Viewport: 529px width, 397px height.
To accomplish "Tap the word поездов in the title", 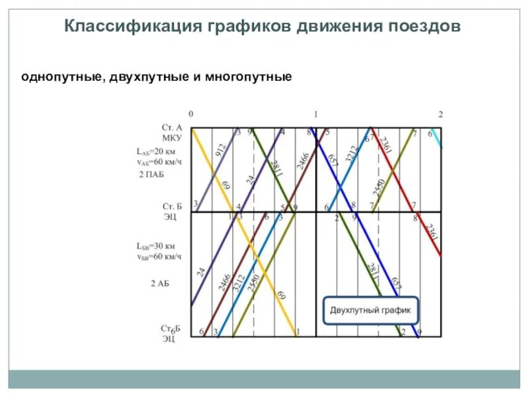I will click(x=423, y=26).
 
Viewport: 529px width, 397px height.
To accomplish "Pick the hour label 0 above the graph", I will click(x=191, y=114).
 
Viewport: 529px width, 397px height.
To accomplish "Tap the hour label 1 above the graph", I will click(x=316, y=114).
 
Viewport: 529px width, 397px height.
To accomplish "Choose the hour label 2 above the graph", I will click(x=440, y=114).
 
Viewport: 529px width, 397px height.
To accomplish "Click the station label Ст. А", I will click(x=172, y=127).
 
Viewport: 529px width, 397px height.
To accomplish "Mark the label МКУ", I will click(x=172, y=137).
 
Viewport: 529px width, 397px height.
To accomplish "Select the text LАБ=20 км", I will click(x=156, y=151).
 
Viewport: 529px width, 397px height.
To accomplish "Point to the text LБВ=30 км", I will click(x=156, y=246).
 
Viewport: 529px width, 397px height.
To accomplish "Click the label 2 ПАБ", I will click(x=151, y=174).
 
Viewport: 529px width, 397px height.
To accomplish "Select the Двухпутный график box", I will click(x=370, y=310).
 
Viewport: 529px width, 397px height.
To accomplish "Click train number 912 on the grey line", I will click(x=220, y=150).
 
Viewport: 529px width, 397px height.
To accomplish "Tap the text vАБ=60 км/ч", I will click(x=157, y=161).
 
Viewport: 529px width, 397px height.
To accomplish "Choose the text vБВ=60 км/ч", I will click(x=157, y=256).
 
